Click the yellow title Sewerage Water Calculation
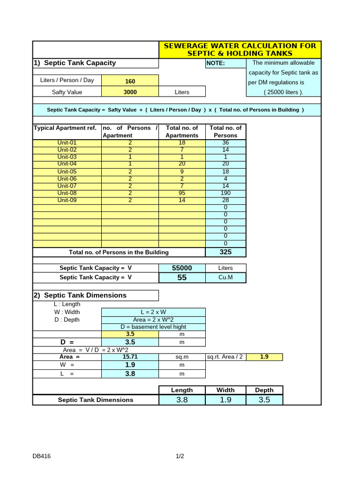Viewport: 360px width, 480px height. click(x=240, y=49)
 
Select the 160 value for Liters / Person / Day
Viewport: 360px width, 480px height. click(x=130, y=81)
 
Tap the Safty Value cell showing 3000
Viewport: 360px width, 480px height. click(x=130, y=92)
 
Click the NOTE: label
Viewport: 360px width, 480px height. click(x=216, y=63)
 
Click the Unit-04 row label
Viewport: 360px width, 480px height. click(x=67, y=164)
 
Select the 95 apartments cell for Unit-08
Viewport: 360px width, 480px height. click(x=182, y=193)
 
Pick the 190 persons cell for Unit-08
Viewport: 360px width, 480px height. click(x=225, y=193)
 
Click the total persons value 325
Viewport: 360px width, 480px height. click(x=225, y=252)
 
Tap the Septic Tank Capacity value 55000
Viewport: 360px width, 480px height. click(x=182, y=268)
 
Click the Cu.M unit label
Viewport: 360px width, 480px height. click(x=225, y=277)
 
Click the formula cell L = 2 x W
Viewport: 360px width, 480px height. click(x=153, y=312)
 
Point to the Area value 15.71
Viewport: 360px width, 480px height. click(x=130, y=357)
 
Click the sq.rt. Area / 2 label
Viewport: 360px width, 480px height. click(x=225, y=357)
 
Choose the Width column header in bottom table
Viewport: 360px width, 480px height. click(x=225, y=390)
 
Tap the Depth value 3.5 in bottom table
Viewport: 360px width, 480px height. click(x=264, y=400)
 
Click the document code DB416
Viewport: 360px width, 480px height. click(x=42, y=456)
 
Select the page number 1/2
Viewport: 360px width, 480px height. click(x=180, y=456)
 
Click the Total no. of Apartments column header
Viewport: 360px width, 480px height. click(x=182, y=131)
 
